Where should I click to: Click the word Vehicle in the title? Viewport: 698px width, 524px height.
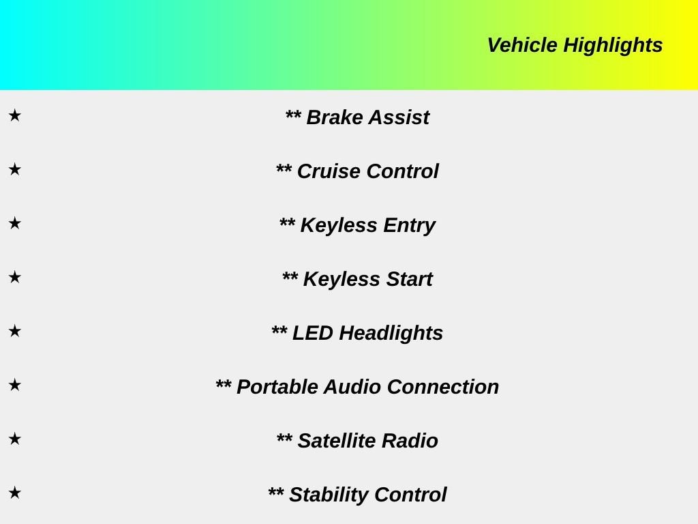click(522, 45)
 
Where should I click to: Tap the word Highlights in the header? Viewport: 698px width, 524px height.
click(613, 46)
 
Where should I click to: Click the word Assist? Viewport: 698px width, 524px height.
click(399, 117)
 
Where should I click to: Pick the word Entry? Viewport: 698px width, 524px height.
click(410, 225)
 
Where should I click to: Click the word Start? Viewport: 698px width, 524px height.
click(410, 279)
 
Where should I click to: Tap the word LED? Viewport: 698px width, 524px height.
click(312, 333)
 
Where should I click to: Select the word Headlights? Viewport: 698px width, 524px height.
click(391, 334)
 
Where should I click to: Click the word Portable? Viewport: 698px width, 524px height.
click(277, 387)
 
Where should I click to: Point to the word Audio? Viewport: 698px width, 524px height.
click(352, 387)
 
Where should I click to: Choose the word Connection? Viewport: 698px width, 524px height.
click(443, 387)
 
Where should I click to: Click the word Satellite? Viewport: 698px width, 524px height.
click(337, 441)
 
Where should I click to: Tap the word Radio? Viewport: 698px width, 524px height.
click(410, 441)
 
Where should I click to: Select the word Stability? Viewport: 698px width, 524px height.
click(329, 495)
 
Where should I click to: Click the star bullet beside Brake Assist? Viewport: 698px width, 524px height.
click(15, 115)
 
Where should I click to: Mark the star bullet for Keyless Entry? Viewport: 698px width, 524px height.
click(15, 223)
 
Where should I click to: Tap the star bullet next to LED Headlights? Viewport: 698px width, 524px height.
click(15, 331)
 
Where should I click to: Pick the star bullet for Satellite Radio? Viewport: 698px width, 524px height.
click(15, 439)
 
